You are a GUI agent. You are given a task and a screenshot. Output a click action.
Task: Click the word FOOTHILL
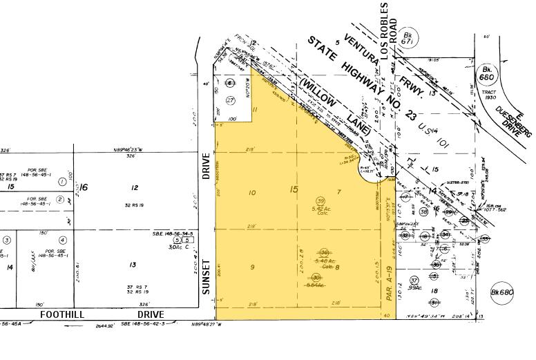[x=62, y=314]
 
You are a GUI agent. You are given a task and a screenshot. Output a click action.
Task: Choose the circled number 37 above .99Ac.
[x=414, y=280]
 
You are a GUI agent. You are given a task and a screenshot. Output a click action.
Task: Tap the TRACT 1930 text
[x=489, y=94]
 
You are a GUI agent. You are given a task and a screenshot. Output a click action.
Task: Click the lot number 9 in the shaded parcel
[x=252, y=267]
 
